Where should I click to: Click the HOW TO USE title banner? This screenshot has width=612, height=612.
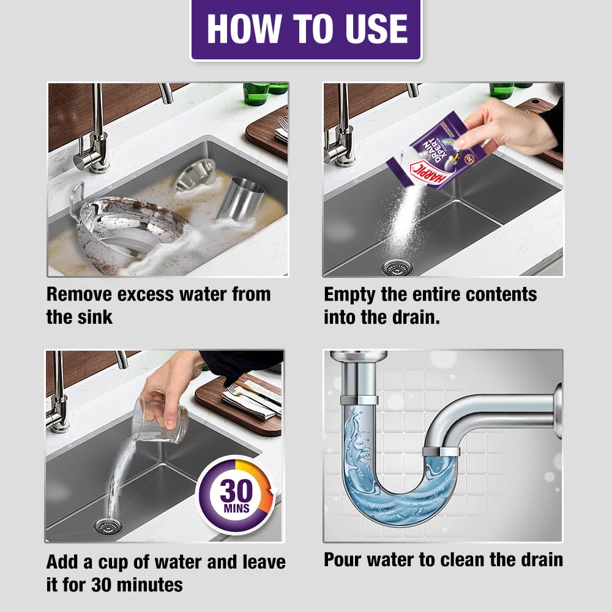(306, 29)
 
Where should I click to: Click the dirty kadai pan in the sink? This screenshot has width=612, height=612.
(132, 229)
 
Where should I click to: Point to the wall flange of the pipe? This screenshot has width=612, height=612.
(557, 410)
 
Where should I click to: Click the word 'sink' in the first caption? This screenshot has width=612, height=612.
(94, 318)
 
